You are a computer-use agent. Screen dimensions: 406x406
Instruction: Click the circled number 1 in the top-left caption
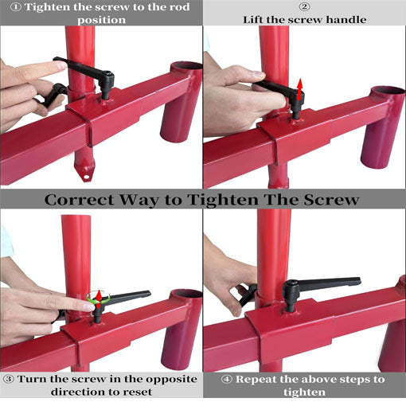pyautogui.click(x=16, y=7)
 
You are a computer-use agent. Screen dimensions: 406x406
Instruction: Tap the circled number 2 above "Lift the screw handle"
pyautogui.click(x=304, y=6)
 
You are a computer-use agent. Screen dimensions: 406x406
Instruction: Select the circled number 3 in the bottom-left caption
pyautogui.click(x=9, y=379)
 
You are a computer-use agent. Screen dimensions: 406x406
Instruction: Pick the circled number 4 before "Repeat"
pyautogui.click(x=226, y=379)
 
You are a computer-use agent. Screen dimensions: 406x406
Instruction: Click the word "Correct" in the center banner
pyautogui.click(x=79, y=200)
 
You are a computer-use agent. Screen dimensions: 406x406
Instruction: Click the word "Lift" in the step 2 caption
pyautogui.click(x=253, y=20)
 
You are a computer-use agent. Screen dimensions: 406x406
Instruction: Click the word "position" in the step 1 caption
pyautogui.click(x=101, y=21)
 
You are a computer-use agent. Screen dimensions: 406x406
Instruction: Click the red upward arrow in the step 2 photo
pyautogui.click(x=299, y=89)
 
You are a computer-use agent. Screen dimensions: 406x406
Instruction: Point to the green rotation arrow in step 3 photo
pyautogui.click(x=99, y=296)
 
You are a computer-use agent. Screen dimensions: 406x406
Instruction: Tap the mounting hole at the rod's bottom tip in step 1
pyautogui.click(x=86, y=176)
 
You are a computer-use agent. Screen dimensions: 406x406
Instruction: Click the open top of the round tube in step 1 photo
pyautogui.click(x=186, y=66)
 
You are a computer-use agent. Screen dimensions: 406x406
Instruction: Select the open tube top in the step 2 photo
pyautogui.click(x=388, y=91)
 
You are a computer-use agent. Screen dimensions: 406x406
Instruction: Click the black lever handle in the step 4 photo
pyautogui.click(x=321, y=287)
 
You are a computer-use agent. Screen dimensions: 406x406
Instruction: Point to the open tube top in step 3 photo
pyautogui.click(x=186, y=294)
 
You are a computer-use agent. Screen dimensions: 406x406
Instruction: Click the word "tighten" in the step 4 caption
pyautogui.click(x=304, y=392)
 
